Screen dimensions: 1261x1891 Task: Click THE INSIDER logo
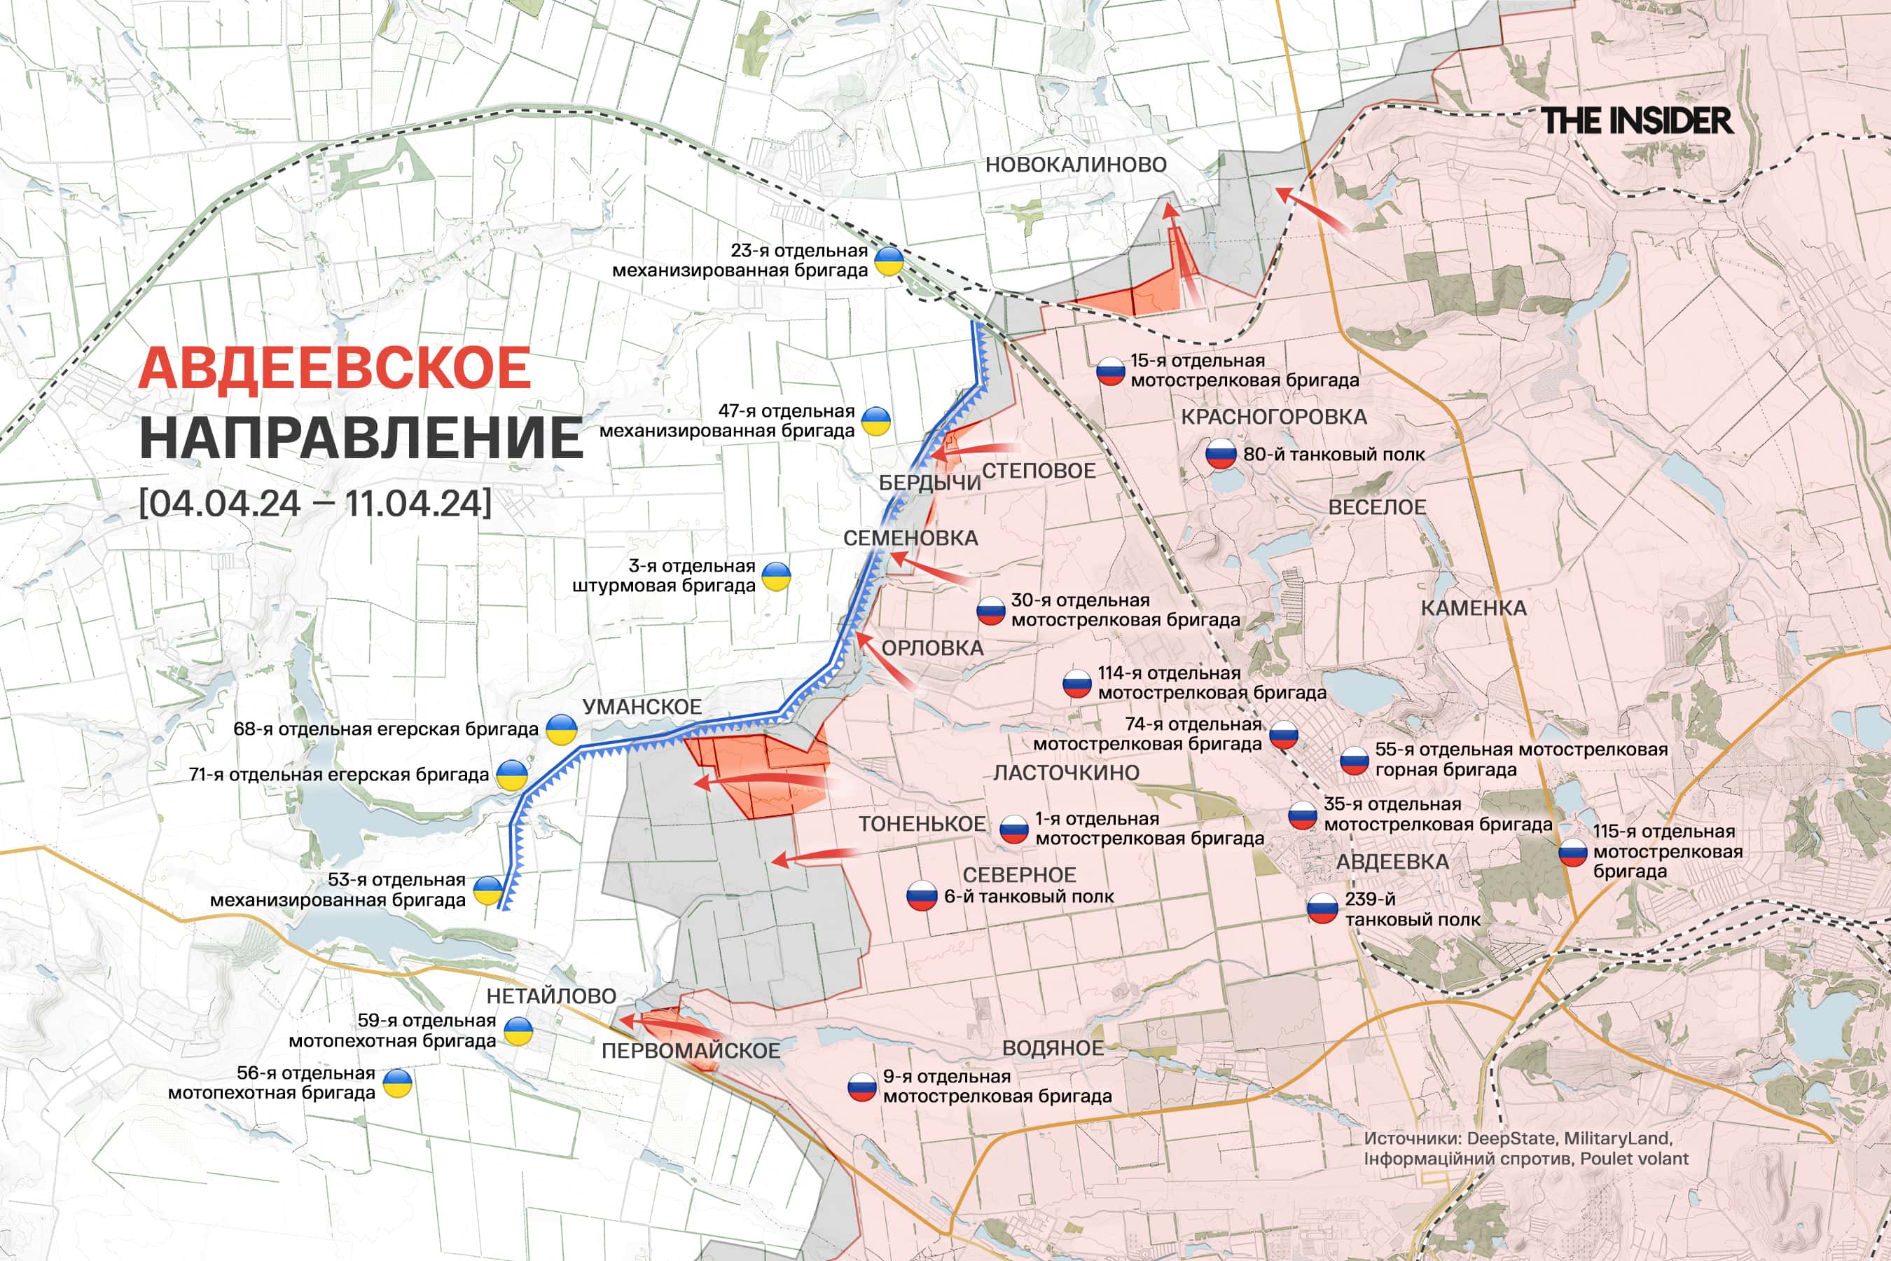[1636, 120]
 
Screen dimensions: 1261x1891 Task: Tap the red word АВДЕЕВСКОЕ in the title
[335, 368]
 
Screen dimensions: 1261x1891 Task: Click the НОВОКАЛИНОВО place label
[1076, 165]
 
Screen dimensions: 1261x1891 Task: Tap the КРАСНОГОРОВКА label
[1273, 417]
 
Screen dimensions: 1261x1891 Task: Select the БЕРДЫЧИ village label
[929, 483]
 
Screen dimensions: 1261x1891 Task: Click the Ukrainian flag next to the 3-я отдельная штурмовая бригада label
[776, 576]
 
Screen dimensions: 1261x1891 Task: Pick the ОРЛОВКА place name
[931, 648]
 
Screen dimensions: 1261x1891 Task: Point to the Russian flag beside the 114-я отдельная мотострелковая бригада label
[1076, 683]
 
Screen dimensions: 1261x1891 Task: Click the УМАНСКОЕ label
[642, 707]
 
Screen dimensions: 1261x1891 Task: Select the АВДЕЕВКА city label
[1392, 861]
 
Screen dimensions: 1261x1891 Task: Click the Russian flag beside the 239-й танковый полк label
[1322, 909]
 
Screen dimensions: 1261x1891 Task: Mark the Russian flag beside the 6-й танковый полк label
[922, 895]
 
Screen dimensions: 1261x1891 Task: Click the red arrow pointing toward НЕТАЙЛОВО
[659, 1023]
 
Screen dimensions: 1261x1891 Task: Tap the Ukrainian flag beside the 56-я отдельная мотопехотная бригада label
[397, 1083]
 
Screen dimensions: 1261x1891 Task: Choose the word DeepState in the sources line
[1512, 1139]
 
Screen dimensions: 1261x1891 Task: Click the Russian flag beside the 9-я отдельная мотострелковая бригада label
[862, 1087]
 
